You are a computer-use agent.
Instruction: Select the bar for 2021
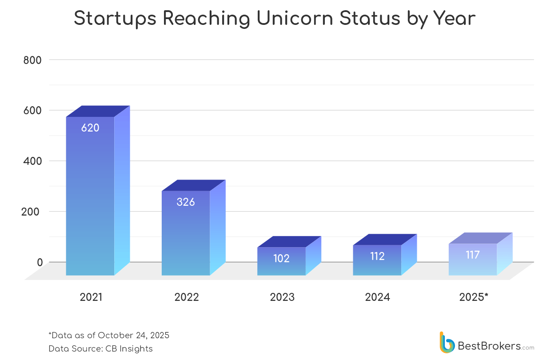pyautogui.click(x=90, y=200)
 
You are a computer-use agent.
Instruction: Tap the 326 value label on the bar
pyautogui.click(x=186, y=202)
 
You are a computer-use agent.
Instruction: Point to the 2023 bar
pyautogui.click(x=281, y=262)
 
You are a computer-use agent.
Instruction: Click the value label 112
pyautogui.click(x=377, y=256)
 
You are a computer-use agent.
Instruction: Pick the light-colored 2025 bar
pyautogui.click(x=473, y=262)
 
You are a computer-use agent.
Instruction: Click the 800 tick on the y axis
pyautogui.click(x=32, y=60)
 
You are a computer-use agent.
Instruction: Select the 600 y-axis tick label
pyautogui.click(x=32, y=110)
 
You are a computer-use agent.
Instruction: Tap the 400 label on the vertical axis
pyautogui.click(x=32, y=161)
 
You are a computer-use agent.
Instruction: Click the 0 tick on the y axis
pyautogui.click(x=40, y=262)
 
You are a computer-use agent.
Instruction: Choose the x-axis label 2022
pyautogui.click(x=187, y=297)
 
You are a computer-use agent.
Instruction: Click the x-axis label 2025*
pyautogui.click(x=474, y=297)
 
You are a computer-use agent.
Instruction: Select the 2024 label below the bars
pyautogui.click(x=377, y=297)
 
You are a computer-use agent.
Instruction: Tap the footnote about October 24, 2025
pyautogui.click(x=109, y=335)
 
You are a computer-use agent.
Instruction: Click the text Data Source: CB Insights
pyautogui.click(x=100, y=349)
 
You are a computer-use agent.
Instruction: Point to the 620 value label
pyautogui.click(x=90, y=128)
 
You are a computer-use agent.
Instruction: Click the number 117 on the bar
pyautogui.click(x=473, y=255)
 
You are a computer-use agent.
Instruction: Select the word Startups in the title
pyautogui.click(x=115, y=19)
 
